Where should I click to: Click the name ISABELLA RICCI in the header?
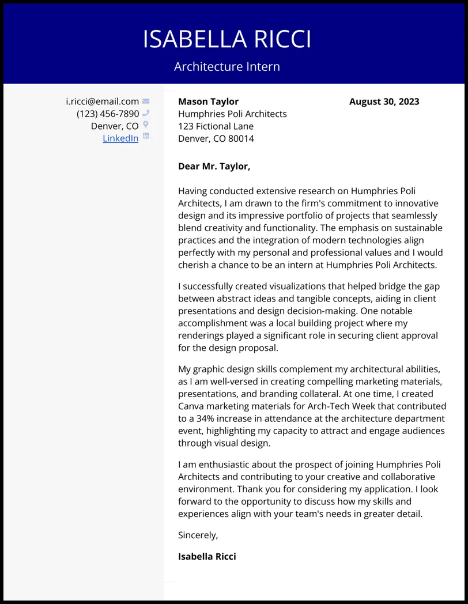(x=227, y=39)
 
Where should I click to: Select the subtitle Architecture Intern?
(x=227, y=66)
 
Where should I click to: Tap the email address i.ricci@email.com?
(x=102, y=101)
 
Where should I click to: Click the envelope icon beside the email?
(x=146, y=101)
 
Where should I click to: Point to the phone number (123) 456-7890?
(x=108, y=114)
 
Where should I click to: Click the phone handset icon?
(x=146, y=114)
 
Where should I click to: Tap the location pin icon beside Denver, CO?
(x=146, y=125)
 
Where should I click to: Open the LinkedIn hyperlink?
(x=120, y=138)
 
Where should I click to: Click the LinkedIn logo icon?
(x=146, y=137)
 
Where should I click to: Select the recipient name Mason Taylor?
(x=208, y=101)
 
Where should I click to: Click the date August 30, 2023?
(x=384, y=101)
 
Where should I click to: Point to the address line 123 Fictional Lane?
(x=216, y=126)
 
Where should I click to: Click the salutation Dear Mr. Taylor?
(x=214, y=167)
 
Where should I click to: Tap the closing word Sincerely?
(x=198, y=535)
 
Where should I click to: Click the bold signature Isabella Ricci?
(x=207, y=557)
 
